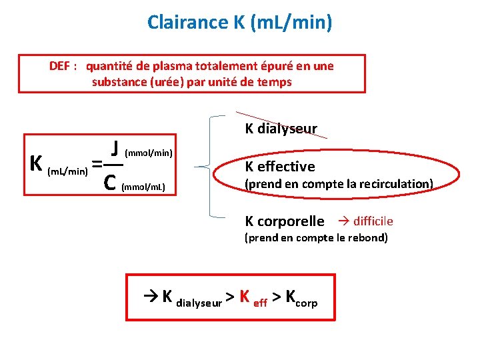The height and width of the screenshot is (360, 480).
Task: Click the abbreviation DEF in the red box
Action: click(x=62, y=66)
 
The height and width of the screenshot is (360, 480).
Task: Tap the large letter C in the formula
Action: click(x=111, y=182)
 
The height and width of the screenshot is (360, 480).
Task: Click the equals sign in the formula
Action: click(x=97, y=164)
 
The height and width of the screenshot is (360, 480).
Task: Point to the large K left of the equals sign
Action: click(x=37, y=163)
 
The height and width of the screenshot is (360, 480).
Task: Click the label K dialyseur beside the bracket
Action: click(x=281, y=129)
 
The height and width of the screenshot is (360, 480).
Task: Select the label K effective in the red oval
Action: click(x=280, y=167)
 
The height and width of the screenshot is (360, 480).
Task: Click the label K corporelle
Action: click(x=285, y=221)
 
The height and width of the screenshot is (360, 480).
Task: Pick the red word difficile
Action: click(x=373, y=221)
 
